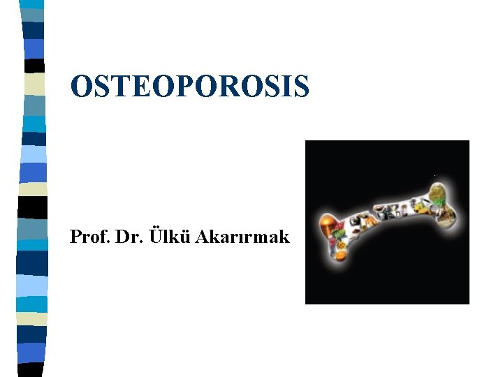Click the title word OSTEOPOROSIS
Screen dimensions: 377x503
click(189, 86)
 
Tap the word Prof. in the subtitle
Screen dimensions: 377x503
click(87, 237)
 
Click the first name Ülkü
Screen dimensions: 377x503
click(161, 237)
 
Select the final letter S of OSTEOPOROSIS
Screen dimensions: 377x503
click(300, 86)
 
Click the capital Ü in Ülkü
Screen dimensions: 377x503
click(148, 237)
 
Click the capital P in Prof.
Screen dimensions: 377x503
click(75, 237)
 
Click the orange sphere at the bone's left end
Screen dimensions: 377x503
click(328, 223)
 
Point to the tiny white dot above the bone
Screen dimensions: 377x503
click(435, 175)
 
